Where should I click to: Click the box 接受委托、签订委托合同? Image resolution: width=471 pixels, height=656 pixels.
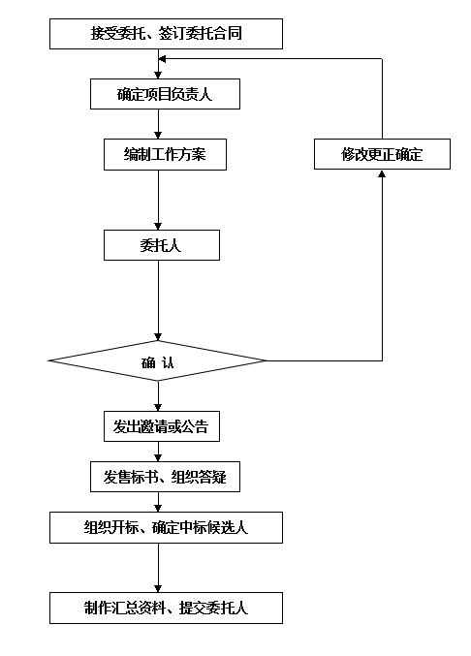coord(166,34)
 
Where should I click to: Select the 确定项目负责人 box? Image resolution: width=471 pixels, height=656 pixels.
coord(165,94)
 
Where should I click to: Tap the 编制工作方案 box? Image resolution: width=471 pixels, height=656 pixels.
coord(165,155)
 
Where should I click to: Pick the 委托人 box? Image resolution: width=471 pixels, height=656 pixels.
coord(162,245)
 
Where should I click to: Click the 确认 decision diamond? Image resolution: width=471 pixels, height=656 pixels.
coord(157,360)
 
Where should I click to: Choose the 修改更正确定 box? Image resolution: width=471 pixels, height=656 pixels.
coord(382,154)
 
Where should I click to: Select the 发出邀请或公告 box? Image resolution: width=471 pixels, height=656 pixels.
coord(162,426)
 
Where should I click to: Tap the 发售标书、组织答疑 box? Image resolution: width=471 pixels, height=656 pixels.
coord(165,477)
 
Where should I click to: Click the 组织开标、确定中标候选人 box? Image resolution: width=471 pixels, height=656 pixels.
coord(166,527)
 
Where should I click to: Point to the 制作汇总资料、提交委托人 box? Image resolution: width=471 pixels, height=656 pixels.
coord(166,608)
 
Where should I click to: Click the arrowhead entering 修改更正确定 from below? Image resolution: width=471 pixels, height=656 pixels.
coord(382,173)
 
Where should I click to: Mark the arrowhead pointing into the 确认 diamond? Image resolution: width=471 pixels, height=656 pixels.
coord(158,337)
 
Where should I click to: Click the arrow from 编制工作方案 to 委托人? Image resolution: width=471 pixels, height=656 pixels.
coord(158,200)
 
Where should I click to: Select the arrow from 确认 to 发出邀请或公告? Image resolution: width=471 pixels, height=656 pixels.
coord(158,395)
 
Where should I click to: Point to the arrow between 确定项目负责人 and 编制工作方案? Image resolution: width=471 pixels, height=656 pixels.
coord(158,124)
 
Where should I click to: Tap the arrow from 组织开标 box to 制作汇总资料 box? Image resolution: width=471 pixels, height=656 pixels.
coord(158,568)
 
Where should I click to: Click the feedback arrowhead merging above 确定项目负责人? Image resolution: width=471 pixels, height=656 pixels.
coord(162,59)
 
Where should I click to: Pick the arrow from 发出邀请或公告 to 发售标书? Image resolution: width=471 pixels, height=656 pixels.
coord(158,452)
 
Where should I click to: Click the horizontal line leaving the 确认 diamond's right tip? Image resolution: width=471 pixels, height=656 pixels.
coord(325,360)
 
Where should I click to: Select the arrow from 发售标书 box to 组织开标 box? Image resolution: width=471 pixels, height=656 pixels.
coord(158,502)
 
